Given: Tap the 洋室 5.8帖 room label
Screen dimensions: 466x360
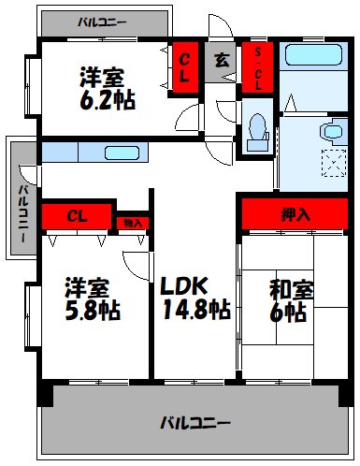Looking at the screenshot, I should click(92, 298).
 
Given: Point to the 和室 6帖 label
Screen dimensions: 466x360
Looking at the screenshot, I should click(288, 299).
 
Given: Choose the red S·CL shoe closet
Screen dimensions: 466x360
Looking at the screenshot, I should click(258, 68).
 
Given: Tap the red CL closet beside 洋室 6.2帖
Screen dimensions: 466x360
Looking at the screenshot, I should click(185, 68).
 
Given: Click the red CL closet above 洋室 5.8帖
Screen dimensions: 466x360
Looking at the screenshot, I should click(78, 216).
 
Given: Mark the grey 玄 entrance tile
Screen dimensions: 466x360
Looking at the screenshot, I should click(222, 62).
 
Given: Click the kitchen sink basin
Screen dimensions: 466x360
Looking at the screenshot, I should click(122, 153).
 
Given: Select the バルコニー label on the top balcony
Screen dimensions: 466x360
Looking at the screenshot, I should click(103, 19).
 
